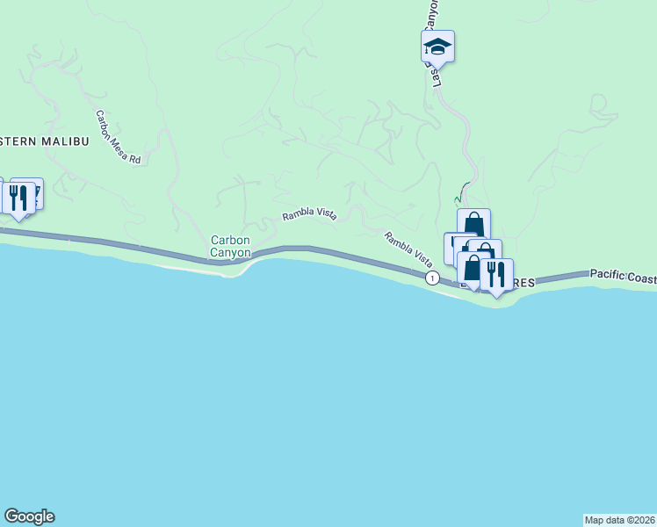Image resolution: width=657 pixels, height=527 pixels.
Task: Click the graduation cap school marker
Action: [x=437, y=47]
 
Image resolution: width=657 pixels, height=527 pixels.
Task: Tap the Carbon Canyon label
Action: [x=231, y=246]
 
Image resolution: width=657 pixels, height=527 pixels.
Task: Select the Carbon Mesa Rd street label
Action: [x=119, y=137]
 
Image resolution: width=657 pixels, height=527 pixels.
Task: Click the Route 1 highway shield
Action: [x=432, y=278]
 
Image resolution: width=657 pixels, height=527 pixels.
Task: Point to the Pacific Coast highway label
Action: [x=623, y=275]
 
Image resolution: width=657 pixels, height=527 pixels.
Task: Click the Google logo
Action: [x=29, y=516]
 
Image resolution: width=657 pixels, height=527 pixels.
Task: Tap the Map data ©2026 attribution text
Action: [x=619, y=519]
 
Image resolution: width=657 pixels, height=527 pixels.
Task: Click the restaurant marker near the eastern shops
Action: [x=496, y=275]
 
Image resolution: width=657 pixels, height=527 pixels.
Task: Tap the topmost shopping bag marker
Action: [x=473, y=224]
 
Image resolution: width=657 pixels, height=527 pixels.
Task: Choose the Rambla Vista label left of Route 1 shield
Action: [x=408, y=249]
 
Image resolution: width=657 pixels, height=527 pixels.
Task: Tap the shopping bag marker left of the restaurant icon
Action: [x=473, y=270]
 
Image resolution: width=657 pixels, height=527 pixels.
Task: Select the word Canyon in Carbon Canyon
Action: [x=231, y=253]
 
